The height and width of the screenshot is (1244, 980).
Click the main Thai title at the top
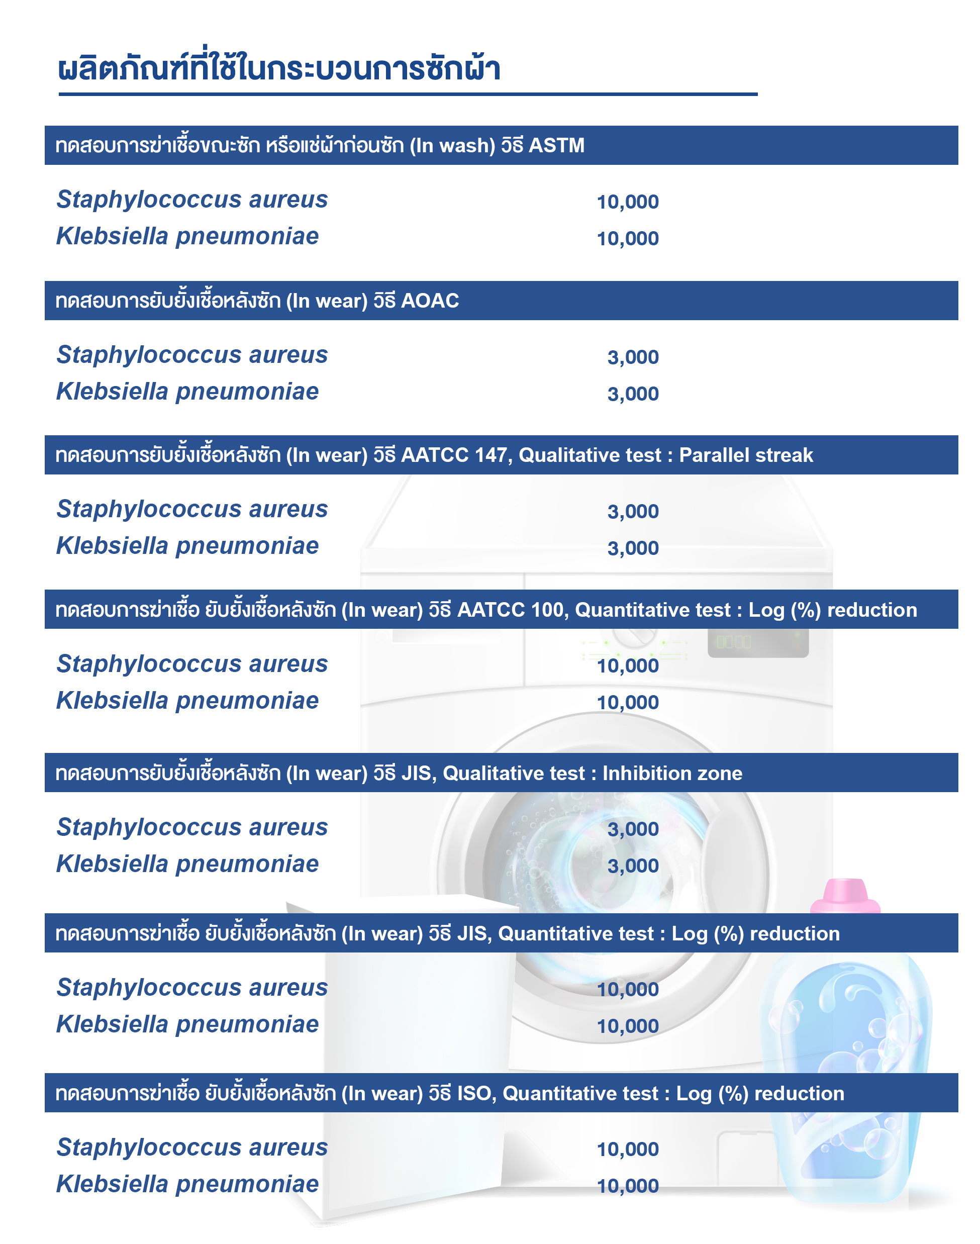(279, 69)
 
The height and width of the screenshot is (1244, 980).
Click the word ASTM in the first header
(556, 146)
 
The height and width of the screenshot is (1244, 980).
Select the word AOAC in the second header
(430, 301)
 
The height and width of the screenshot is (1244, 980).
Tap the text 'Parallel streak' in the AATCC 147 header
(745, 455)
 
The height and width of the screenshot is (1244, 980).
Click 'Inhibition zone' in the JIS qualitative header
(672, 773)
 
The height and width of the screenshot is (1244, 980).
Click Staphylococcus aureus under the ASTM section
(191, 200)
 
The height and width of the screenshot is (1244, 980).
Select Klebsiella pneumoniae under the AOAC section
(187, 392)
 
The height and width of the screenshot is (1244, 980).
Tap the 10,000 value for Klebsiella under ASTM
(627, 239)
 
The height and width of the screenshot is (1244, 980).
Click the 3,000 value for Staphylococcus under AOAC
(633, 357)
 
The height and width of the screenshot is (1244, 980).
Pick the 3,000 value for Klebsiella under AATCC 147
(633, 548)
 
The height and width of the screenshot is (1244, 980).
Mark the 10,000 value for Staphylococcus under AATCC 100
(627, 666)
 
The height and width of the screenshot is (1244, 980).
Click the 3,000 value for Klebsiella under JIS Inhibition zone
(633, 866)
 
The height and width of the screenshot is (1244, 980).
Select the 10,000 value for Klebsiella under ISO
(627, 1186)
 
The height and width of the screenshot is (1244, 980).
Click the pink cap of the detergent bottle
(845, 896)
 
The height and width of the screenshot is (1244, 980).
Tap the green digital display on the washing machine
(734, 641)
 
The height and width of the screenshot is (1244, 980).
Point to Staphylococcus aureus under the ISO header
(191, 1147)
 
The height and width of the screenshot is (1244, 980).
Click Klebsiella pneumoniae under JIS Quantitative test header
(187, 1024)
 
